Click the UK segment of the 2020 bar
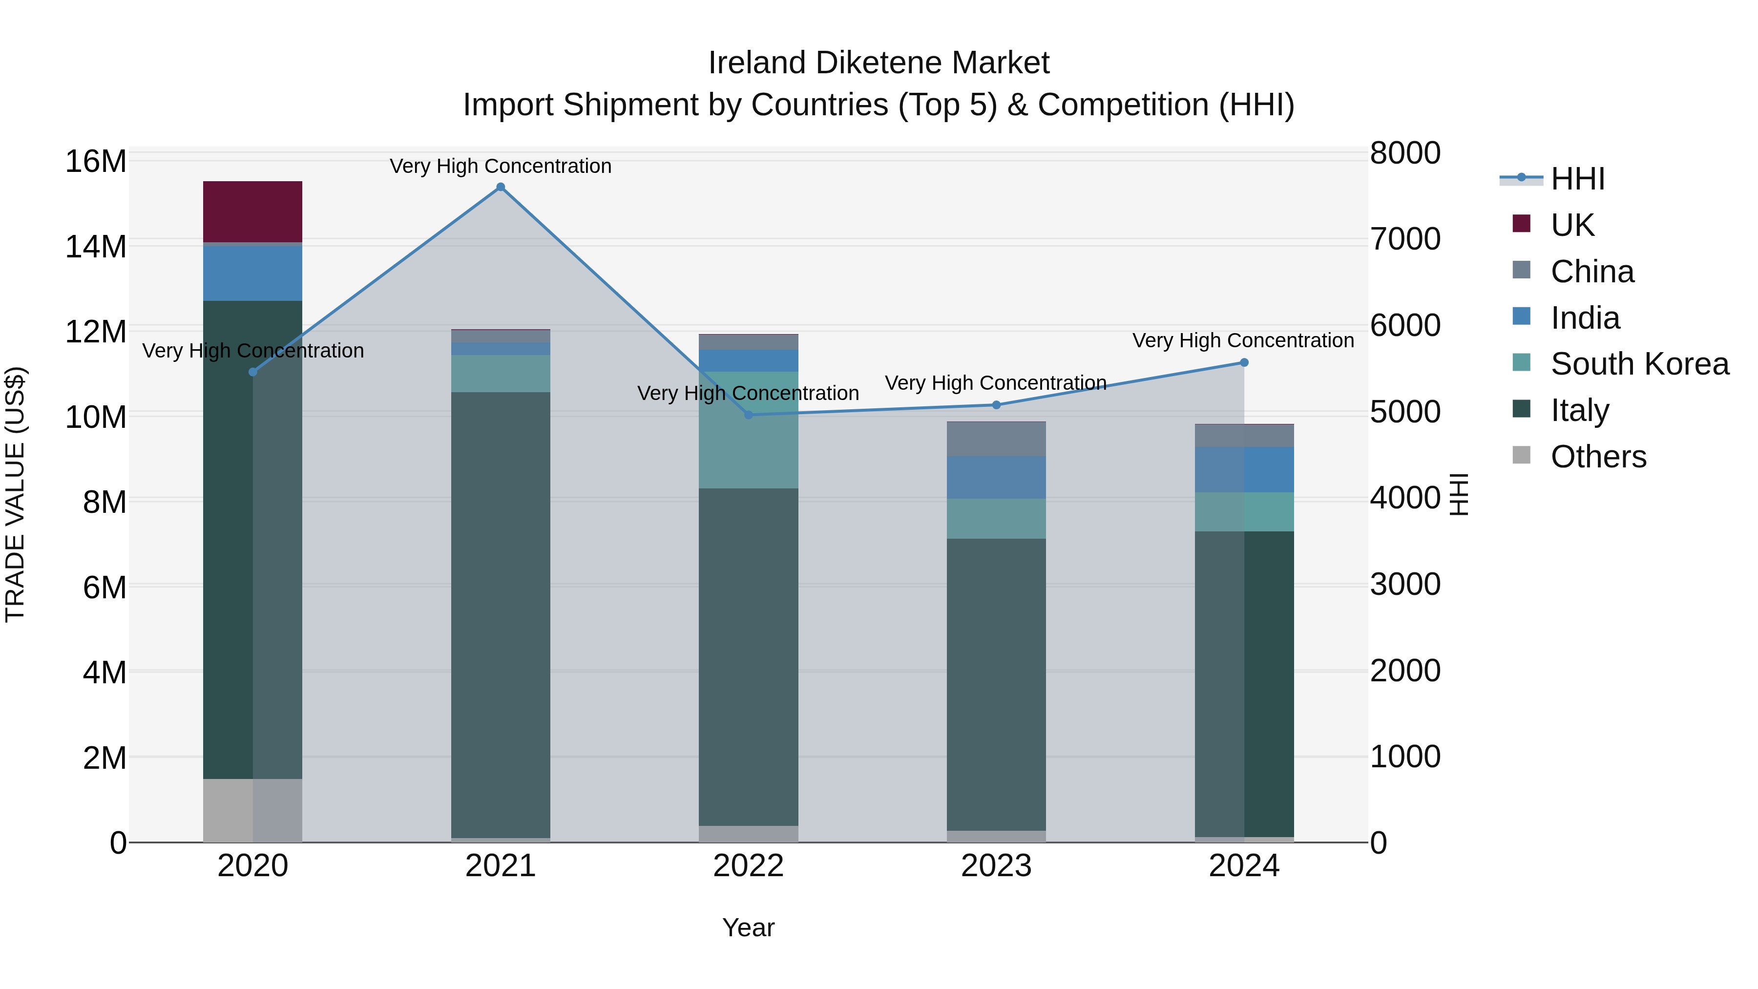[x=252, y=211]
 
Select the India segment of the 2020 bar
[x=252, y=273]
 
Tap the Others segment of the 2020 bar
[x=252, y=810]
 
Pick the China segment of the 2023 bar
[x=996, y=439]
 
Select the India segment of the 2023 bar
[x=996, y=477]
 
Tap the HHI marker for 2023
[x=996, y=405]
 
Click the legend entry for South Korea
[x=1639, y=364]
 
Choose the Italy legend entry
[x=1579, y=410]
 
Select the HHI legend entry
[x=1577, y=179]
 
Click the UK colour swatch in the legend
[x=1521, y=223]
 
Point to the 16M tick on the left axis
[x=96, y=162]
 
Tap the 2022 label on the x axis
[x=748, y=866]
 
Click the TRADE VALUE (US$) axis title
[x=15, y=494]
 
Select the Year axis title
[x=748, y=927]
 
